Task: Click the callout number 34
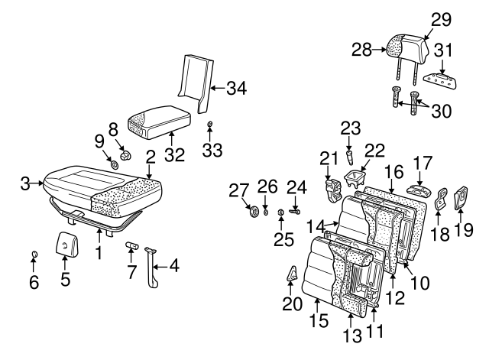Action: pyautogui.click(x=237, y=89)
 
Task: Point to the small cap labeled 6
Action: pyautogui.click(x=34, y=254)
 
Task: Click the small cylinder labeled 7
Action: pyautogui.click(x=132, y=246)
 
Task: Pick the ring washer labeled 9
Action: pyautogui.click(x=114, y=163)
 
